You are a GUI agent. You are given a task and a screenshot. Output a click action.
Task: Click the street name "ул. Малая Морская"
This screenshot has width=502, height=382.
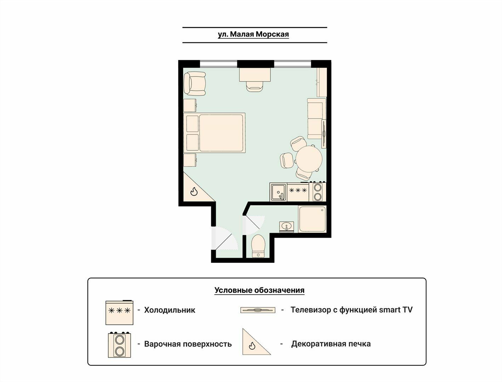(253, 34)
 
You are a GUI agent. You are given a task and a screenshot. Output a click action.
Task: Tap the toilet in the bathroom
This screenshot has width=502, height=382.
(258, 246)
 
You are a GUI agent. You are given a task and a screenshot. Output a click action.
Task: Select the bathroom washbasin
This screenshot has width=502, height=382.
(286, 227)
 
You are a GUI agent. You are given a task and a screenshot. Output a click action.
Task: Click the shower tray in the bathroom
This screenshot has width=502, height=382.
(312, 219)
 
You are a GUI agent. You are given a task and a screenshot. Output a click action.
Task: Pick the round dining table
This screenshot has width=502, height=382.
(309, 159)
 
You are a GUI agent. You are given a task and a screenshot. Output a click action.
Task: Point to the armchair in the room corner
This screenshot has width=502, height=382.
(195, 83)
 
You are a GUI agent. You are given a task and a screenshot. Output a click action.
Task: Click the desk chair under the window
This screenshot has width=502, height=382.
(255, 87)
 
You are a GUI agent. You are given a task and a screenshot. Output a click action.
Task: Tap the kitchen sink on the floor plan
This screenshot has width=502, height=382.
(278, 192)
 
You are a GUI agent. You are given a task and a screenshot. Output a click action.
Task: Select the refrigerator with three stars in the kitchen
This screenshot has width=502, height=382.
(298, 192)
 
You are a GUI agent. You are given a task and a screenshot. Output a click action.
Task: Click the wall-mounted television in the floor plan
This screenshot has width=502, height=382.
(324, 133)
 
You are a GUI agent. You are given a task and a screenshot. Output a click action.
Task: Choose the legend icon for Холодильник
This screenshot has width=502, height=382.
(119, 312)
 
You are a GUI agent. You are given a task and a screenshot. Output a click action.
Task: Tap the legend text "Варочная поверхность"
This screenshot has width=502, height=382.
(188, 344)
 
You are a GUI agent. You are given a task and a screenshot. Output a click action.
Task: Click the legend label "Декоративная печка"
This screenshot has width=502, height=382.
(331, 344)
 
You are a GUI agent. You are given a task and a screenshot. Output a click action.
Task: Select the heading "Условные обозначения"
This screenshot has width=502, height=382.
(259, 290)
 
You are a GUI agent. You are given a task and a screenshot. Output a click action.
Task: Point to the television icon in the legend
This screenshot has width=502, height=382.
(258, 310)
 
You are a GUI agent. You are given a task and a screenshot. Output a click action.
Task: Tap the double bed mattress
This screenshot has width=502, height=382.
(221, 133)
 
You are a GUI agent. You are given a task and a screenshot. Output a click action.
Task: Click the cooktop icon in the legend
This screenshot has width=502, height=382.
(119, 345)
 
